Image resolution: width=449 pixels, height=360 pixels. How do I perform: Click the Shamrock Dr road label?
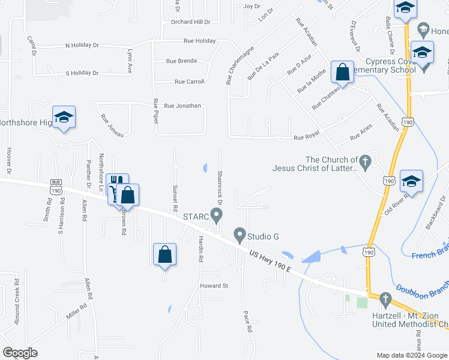click(x=220, y=185)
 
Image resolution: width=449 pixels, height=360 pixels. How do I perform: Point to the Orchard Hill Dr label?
click(x=190, y=22)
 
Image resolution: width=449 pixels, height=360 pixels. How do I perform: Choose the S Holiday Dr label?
click(x=82, y=73)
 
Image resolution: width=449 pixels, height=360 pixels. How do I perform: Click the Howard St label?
click(x=214, y=286)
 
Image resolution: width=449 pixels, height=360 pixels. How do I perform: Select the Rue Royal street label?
click(x=306, y=137)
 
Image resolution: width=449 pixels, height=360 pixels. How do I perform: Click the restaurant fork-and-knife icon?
click(x=117, y=181)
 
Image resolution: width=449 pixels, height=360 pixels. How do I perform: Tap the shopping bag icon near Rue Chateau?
click(x=342, y=72)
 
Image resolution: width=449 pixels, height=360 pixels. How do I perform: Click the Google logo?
click(x=20, y=352)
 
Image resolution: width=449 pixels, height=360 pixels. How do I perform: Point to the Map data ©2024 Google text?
click(x=411, y=355)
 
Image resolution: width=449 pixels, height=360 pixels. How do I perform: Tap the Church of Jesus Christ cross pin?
click(x=364, y=161)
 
